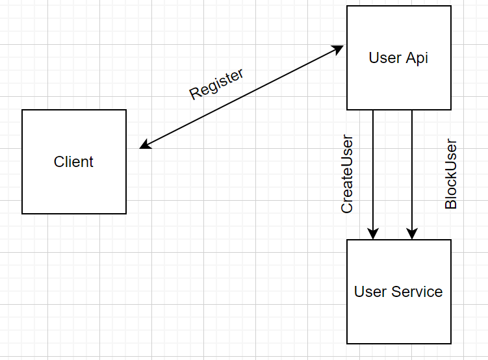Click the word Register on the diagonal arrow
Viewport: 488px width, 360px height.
click(216, 83)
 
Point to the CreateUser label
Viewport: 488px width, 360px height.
click(347, 174)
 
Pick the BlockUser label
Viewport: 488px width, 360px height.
click(451, 174)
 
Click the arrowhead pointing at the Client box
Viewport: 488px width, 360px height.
click(144, 146)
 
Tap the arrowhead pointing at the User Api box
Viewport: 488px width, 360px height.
click(339, 48)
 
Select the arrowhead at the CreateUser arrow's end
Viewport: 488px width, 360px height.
click(373, 233)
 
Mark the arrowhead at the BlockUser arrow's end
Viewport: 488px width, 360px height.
click(412, 233)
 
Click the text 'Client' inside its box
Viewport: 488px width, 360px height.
click(73, 162)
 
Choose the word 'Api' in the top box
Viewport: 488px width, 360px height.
click(417, 58)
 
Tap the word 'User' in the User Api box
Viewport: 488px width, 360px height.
click(385, 58)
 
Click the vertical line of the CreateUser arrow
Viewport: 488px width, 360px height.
click(373, 169)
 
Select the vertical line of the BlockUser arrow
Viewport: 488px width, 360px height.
click(412, 169)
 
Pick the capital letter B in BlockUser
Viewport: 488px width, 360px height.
click(451, 203)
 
